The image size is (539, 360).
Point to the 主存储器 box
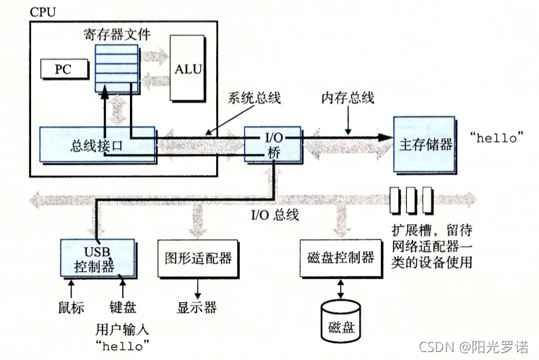point(424,143)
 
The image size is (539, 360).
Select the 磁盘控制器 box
point(340,257)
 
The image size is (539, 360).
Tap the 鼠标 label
point(71,307)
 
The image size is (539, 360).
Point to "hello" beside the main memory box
point(496,137)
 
